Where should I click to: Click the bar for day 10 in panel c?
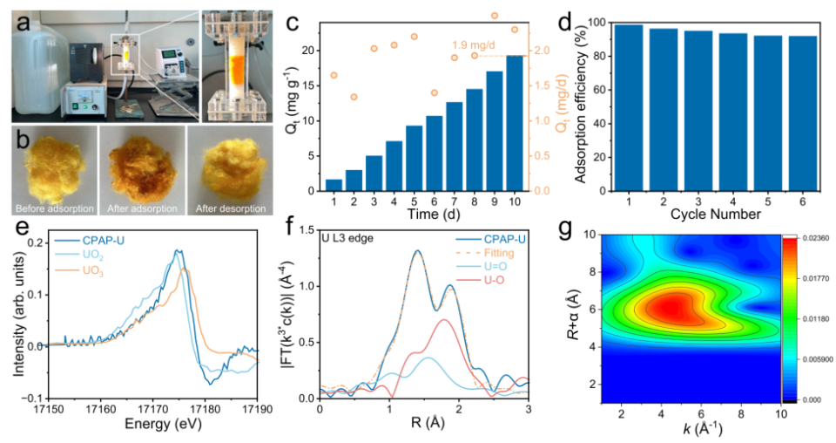pyautogui.click(x=515, y=123)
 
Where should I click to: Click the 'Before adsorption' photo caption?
pyautogui.click(x=52, y=210)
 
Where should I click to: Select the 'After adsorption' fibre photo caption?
pyautogui.click(x=142, y=210)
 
